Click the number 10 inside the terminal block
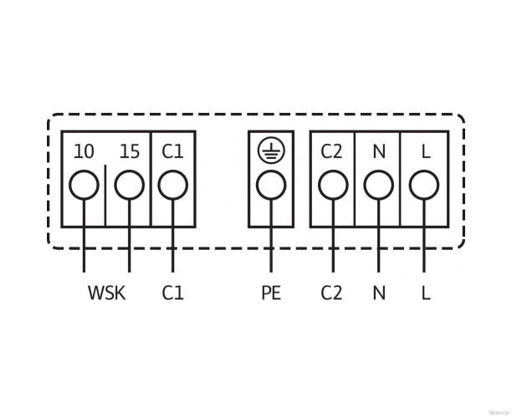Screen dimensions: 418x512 click(84, 152)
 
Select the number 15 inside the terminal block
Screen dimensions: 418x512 click(130, 152)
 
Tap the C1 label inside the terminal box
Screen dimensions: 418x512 click(172, 152)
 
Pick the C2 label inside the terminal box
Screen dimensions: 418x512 click(332, 152)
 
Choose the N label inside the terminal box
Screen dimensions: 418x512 click(379, 152)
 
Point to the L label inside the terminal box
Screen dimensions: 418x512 click(425, 152)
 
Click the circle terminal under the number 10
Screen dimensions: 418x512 click(84, 184)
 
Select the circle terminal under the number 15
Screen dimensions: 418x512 click(129, 184)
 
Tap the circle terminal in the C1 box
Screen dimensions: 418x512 click(172, 184)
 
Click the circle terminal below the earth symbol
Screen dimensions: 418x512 click(270, 184)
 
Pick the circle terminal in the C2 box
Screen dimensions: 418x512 click(333, 184)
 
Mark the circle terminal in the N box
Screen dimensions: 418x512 click(379, 184)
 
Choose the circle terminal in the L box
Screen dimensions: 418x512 click(424, 184)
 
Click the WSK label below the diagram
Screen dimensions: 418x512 click(106, 293)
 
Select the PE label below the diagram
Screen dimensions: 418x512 click(270, 293)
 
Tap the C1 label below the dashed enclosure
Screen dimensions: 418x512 click(172, 293)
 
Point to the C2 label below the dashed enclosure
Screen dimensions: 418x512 click(332, 293)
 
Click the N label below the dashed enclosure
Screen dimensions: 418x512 click(379, 293)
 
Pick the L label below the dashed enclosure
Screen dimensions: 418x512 click(425, 293)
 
